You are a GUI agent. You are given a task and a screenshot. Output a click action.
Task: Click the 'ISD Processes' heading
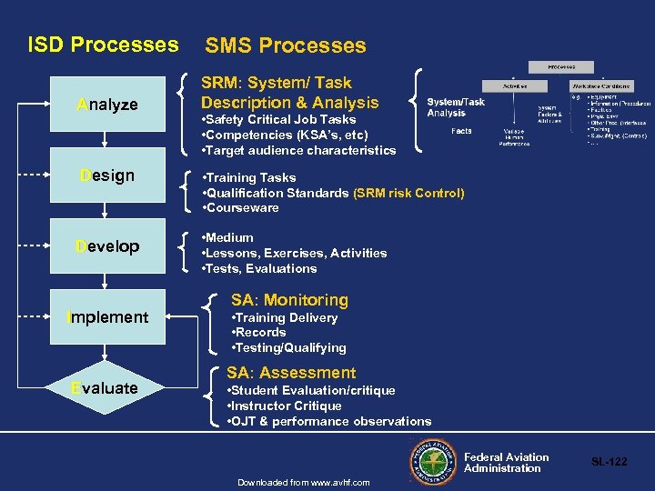tap(103, 45)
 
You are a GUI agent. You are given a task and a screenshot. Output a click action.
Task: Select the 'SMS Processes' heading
tap(286, 45)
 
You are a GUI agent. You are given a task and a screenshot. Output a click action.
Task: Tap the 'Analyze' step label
tap(107, 105)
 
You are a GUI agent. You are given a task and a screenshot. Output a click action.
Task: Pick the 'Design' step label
tap(107, 175)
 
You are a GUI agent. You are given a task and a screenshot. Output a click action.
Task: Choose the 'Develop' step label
tap(107, 246)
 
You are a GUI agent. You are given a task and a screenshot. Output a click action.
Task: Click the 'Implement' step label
tap(107, 317)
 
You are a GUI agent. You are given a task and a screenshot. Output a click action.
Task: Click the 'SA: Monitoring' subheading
tap(289, 300)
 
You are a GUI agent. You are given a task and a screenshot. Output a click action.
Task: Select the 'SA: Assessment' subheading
tap(291, 373)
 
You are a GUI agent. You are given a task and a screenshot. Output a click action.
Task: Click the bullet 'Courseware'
tap(242, 208)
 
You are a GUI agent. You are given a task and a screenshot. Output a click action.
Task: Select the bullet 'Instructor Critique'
tap(284, 406)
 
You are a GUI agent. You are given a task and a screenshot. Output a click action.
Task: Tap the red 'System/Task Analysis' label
tap(456, 107)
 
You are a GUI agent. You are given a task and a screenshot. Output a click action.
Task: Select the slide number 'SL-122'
tap(610, 462)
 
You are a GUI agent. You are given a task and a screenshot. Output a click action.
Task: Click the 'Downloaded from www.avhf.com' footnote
tap(303, 482)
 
